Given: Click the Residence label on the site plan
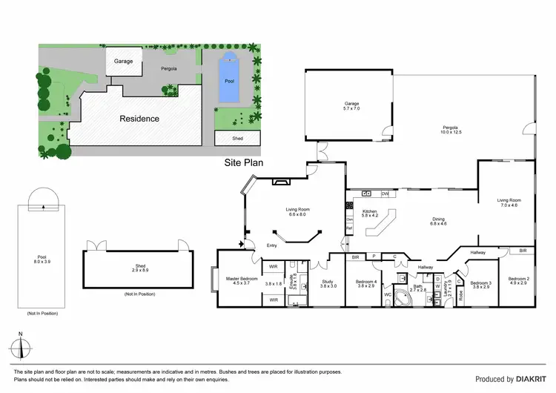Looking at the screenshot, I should (x=139, y=118).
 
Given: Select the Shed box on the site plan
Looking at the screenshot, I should (x=228, y=138).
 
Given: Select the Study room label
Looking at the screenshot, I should (x=328, y=283).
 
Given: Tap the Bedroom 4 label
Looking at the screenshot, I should (x=366, y=283).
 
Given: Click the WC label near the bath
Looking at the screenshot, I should (x=387, y=294).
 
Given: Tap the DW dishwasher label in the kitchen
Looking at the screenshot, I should (x=385, y=194).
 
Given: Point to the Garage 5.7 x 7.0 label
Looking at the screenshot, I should (x=351, y=106).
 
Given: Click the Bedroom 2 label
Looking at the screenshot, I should (x=517, y=283).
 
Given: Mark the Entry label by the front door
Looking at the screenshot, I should (x=272, y=246).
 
